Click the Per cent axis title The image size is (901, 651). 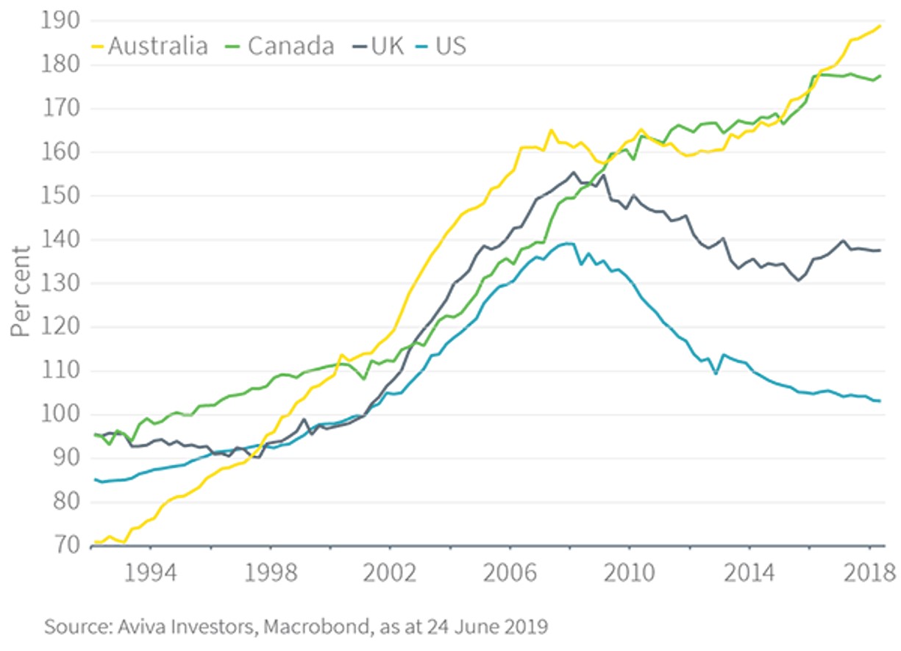coord(22,292)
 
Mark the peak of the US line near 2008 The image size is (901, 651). coord(568,243)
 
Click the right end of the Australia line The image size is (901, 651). coord(880,26)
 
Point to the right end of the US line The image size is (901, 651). coord(880,400)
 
